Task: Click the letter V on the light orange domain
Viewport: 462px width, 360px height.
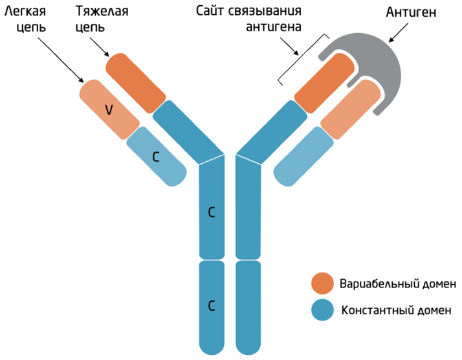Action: (x=109, y=110)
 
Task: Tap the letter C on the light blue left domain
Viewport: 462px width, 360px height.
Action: (x=155, y=156)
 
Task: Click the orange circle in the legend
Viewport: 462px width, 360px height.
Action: (x=322, y=284)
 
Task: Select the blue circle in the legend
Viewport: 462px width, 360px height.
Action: (x=322, y=309)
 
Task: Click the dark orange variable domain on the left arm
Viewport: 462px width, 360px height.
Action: (x=136, y=83)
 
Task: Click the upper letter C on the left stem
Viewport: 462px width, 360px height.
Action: (x=211, y=212)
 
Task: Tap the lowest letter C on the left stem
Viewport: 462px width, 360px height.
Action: (x=211, y=304)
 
